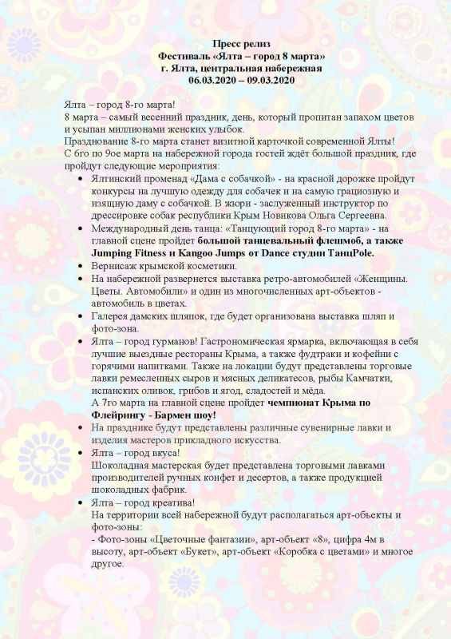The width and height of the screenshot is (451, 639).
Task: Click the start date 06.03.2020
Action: point(214,81)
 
